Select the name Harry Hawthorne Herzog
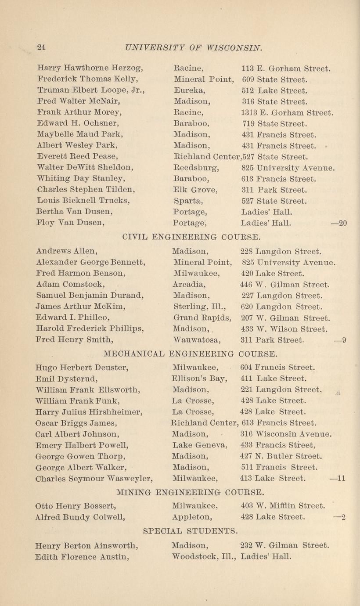click(90, 69)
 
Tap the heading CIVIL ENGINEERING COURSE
click(191, 238)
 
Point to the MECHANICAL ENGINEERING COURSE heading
click(191, 353)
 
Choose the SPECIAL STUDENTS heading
click(191, 531)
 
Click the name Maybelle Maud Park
click(80, 134)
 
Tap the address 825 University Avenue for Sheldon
click(288, 167)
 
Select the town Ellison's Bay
click(200, 378)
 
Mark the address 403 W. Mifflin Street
click(283, 505)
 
